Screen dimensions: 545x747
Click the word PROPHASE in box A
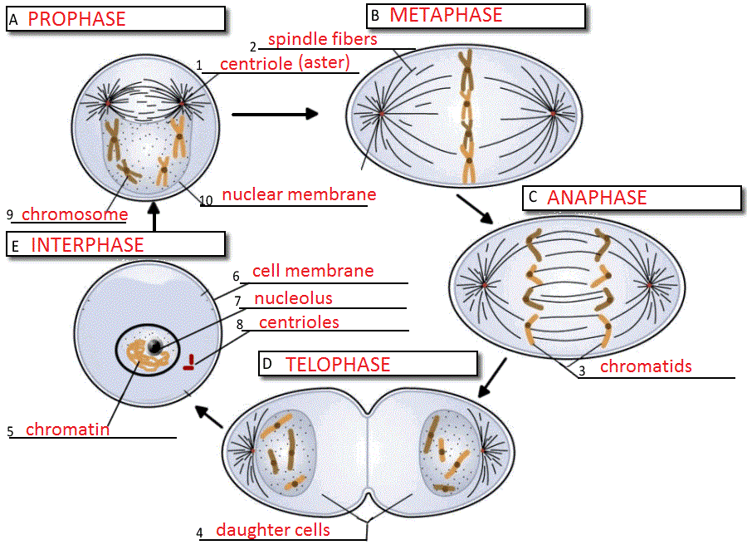click(76, 19)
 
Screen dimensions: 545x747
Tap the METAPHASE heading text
click(446, 15)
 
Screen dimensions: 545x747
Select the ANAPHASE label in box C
click(597, 197)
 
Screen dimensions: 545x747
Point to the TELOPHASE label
click(338, 364)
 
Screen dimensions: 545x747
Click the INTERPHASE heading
click(87, 244)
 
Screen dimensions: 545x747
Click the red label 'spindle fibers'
click(322, 39)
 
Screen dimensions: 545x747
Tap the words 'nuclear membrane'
click(299, 194)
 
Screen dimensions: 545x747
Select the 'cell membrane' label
click(313, 271)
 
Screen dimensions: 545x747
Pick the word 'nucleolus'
click(294, 297)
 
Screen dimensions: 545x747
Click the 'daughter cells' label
click(273, 530)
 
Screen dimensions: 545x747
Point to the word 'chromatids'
click(646, 366)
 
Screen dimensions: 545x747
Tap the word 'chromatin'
click(67, 430)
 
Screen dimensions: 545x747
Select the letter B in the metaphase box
click(374, 16)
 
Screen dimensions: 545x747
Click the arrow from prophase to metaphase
click(275, 114)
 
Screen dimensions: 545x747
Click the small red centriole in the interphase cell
click(190, 361)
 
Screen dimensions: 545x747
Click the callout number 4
click(199, 533)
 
